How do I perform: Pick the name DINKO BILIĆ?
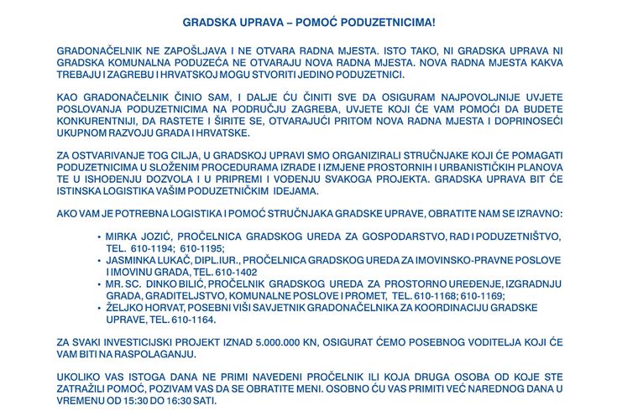[x=182, y=285]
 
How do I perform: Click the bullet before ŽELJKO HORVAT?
[x=100, y=309]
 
